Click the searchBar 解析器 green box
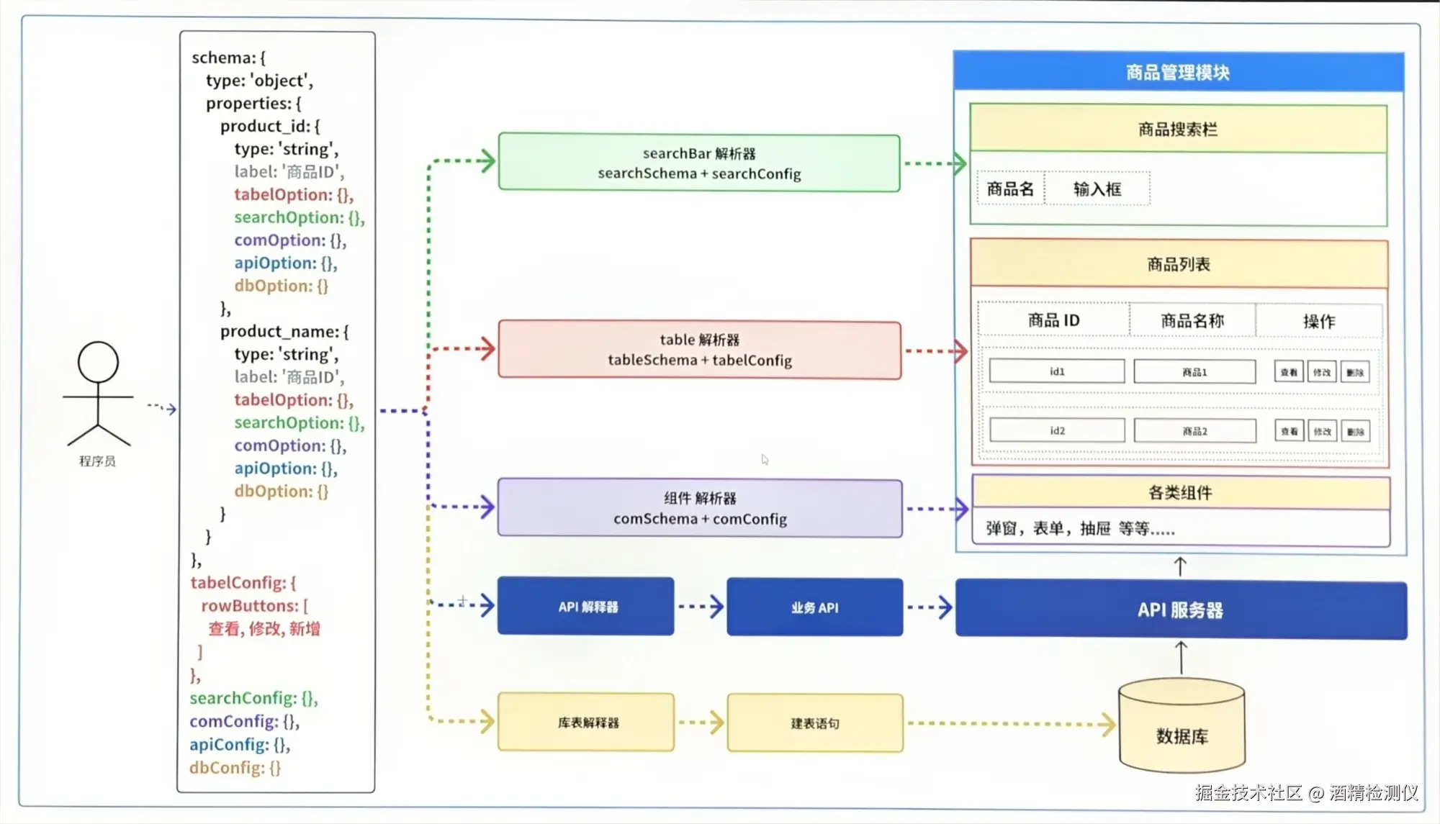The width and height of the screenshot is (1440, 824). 698,163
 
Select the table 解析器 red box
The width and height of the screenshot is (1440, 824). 699,350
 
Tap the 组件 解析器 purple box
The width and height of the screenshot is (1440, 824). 699,508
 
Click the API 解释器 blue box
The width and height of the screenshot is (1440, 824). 586,607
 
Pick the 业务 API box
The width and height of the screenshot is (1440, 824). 814,607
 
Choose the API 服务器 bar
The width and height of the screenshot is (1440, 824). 1180,610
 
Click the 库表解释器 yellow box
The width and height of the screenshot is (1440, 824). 586,723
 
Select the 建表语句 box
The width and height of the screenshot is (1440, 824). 814,723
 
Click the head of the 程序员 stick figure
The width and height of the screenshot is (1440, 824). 98,362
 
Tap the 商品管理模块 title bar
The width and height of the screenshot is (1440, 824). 1178,72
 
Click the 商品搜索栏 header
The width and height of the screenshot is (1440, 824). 1178,130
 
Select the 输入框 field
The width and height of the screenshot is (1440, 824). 1097,189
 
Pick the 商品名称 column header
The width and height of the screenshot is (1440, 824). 1192,321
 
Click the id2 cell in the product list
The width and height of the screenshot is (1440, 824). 1056,431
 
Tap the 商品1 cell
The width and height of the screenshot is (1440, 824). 1194,372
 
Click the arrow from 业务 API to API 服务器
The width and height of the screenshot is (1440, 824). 930,607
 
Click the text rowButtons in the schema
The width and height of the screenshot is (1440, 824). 249,606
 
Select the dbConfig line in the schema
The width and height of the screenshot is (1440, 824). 235,768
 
